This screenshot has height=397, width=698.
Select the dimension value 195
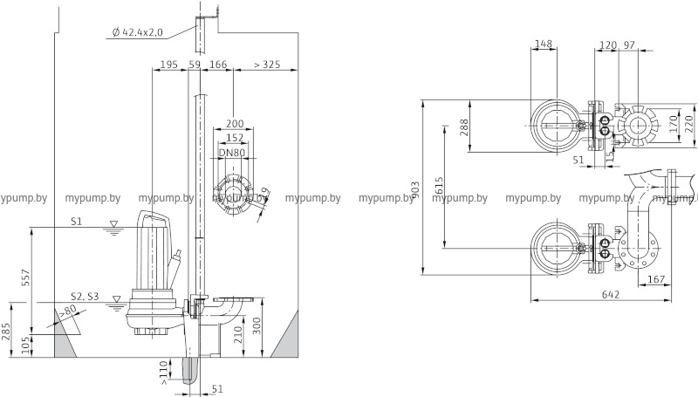(169, 65)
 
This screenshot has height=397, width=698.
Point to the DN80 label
(231, 154)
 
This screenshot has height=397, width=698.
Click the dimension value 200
(234, 124)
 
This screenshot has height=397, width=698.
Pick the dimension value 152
(234, 138)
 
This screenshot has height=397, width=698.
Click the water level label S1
(77, 222)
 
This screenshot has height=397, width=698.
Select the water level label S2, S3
(85, 298)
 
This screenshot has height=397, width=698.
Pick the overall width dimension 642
(611, 294)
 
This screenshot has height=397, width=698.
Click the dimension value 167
(657, 279)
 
